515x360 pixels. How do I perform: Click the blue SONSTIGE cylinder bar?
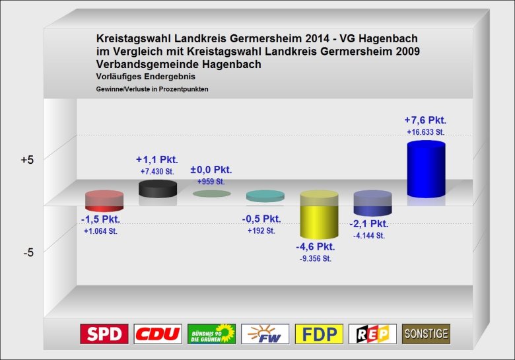426,169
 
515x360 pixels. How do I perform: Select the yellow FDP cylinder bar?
319,215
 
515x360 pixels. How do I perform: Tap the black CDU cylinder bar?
158,189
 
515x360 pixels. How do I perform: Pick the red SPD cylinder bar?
104,201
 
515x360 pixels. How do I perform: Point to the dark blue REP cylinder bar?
372,203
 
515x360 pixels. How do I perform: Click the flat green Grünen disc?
211,194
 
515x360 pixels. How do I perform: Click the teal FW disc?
265,196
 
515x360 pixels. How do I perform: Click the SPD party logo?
104,334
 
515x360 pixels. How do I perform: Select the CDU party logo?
158,334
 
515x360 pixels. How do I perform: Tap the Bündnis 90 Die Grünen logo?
211,334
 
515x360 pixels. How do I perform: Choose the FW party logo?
265,334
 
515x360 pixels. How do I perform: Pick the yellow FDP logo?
319,334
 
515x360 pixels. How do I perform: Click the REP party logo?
372,334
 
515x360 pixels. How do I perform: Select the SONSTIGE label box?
426,334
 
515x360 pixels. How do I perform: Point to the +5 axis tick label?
27,160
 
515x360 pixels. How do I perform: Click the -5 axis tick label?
28,252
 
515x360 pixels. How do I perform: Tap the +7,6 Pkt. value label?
425,120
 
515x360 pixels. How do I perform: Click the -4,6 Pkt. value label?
316,246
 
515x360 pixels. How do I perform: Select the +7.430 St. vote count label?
157,172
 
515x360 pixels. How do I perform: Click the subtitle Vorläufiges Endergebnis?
145,77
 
